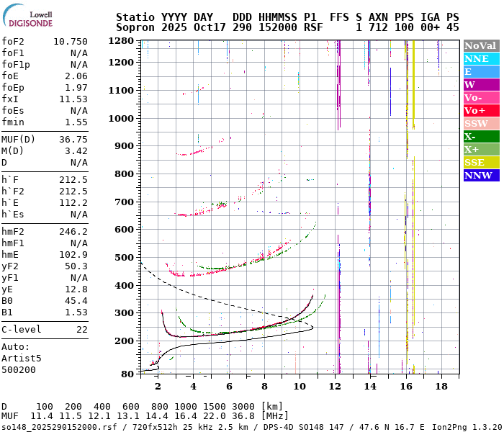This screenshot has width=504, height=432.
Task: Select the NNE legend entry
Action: [476, 59]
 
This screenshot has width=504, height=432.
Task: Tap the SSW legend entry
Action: [476, 124]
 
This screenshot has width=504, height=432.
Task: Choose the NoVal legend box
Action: [480, 46]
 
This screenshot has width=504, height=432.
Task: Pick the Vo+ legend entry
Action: [474, 111]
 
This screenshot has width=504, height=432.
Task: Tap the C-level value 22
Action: [81, 330]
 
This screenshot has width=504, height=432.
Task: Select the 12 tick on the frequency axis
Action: [335, 387]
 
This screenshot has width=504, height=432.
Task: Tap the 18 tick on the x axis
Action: [441, 387]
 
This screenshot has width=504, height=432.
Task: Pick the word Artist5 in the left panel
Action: [21, 358]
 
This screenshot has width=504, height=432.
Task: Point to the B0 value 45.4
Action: [76, 301]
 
